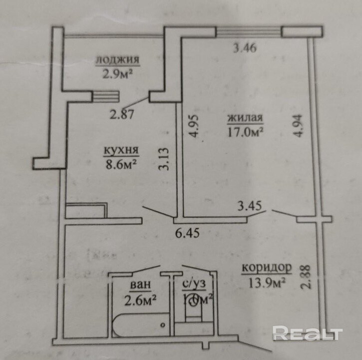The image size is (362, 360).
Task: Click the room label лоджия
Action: pos(118,61)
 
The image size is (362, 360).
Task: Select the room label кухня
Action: pos(121,150)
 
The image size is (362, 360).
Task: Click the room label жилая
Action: pos(245,118)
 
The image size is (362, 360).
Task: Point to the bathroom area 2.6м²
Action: pos(140,300)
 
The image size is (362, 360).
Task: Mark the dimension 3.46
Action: pos(245,48)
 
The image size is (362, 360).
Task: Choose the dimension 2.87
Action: pos(122,113)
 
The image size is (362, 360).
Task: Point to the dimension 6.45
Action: pos(188,232)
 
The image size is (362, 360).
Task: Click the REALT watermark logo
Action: pos(308,333)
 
